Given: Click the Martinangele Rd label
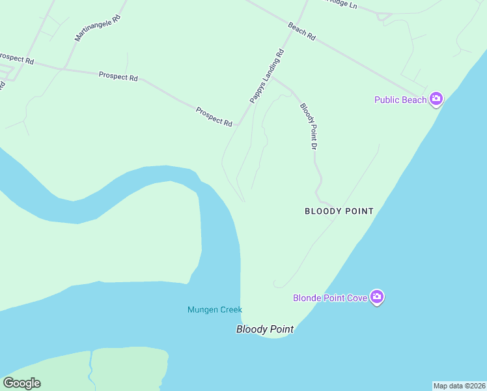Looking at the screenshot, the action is tap(98, 29).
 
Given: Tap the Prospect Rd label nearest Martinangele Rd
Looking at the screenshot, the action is tap(118, 76).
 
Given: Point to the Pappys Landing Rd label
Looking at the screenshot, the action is tap(267, 76).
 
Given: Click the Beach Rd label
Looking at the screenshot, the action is tap(301, 32).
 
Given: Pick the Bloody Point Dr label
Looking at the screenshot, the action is tap(308, 126).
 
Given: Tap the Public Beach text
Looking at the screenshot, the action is tap(400, 100).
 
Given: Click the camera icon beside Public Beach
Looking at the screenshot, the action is tap(436, 99).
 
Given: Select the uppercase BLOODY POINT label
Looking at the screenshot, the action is tap(339, 211).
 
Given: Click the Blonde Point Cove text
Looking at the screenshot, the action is tap(330, 298).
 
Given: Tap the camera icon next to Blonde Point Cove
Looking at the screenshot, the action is tap(377, 297).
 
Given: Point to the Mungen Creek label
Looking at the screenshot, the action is tap(215, 310).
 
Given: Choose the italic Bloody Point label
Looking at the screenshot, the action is tap(264, 330).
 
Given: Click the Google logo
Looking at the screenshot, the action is tap(21, 383).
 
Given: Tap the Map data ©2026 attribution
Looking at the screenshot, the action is tap(459, 386).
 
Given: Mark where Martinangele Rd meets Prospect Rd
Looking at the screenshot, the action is tap(63, 68).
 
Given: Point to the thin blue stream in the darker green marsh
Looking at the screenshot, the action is tap(91, 368).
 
